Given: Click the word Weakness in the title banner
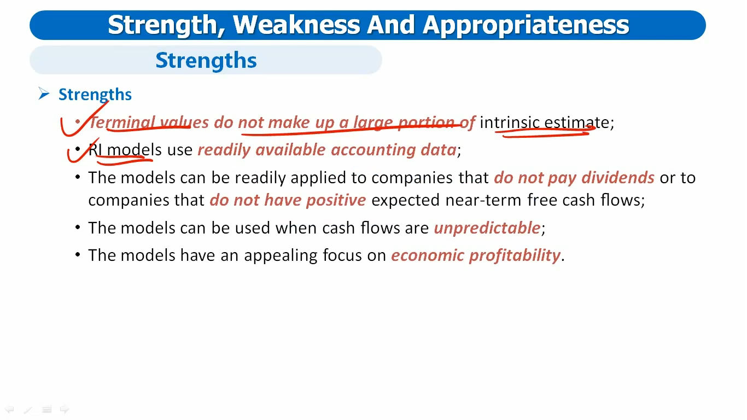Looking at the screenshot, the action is click(296, 25).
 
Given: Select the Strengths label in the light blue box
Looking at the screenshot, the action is click(206, 60).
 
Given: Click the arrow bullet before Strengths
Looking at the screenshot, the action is click(44, 94).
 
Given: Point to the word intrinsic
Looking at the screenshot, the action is click(509, 122).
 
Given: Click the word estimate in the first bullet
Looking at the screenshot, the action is click(576, 122).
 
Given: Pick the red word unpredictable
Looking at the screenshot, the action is click(487, 229).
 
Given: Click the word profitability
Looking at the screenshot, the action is click(515, 256).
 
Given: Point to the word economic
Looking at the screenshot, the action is click(428, 255).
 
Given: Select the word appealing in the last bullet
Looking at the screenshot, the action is click(281, 256).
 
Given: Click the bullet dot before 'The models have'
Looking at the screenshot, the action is click(78, 254).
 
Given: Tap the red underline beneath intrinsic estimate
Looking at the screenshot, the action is click(545, 133).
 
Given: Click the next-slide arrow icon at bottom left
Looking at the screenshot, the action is click(65, 409).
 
